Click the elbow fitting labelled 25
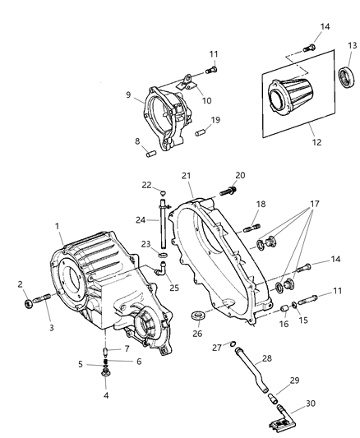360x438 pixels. [x=161, y=269]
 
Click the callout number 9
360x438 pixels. [x=128, y=95]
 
